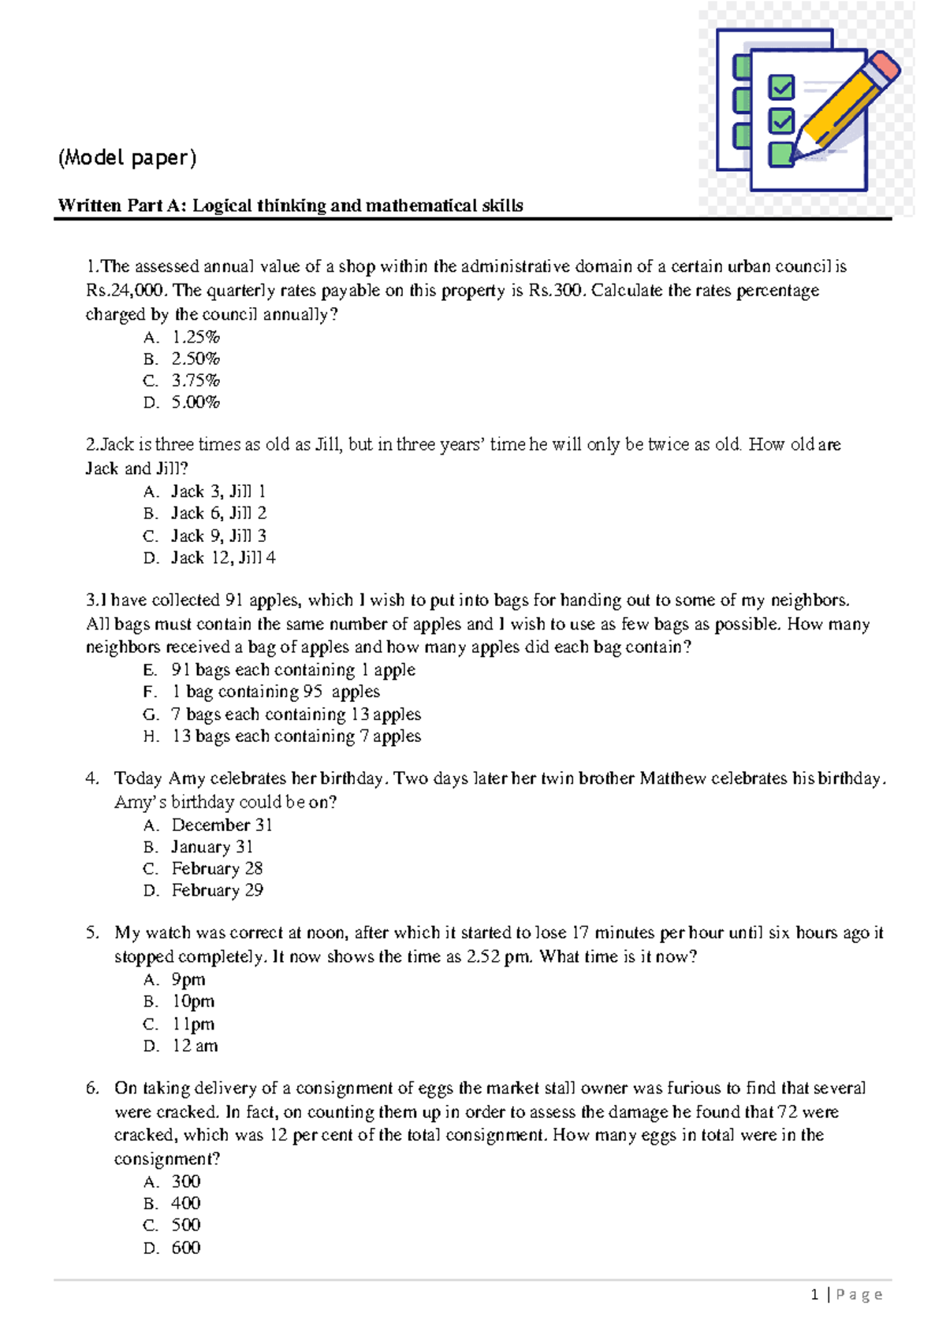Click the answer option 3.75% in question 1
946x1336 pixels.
pos(196,380)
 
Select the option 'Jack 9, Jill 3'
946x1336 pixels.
pos(218,536)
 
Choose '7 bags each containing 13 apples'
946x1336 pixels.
pos(296,714)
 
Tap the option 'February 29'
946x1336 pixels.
pos(217,890)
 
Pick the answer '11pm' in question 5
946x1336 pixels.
pos(193,1024)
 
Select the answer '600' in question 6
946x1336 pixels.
pos(186,1248)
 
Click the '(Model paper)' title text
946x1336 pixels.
pos(127,158)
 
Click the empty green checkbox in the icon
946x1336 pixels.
pos(780,154)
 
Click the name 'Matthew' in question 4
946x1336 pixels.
pos(672,778)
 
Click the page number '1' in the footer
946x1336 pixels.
pos(814,1294)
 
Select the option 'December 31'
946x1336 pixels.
pos(222,825)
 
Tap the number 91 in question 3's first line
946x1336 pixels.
pos(234,600)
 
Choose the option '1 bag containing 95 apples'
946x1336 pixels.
pos(275,692)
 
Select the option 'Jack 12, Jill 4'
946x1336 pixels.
pos(223,558)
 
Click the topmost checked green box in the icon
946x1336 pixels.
pos(781,87)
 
